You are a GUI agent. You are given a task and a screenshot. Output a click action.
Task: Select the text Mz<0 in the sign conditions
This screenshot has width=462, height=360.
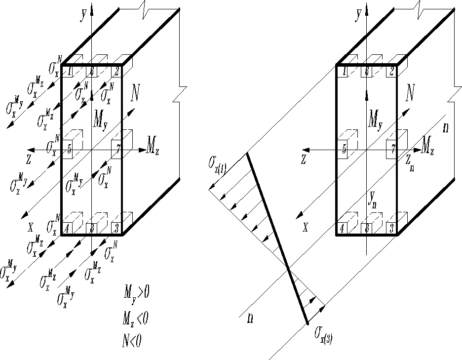pos(136,319)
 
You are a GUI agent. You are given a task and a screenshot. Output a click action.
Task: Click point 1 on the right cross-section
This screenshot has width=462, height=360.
pos(344,71)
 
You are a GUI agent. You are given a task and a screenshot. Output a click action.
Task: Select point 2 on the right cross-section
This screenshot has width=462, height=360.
pos(391,71)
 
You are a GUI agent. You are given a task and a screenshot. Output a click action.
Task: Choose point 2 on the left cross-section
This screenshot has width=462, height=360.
pos(116,71)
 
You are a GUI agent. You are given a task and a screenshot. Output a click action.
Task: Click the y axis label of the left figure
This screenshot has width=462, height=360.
pos(83,15)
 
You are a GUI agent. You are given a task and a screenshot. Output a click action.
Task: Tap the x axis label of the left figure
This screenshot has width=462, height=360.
pos(31,228)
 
